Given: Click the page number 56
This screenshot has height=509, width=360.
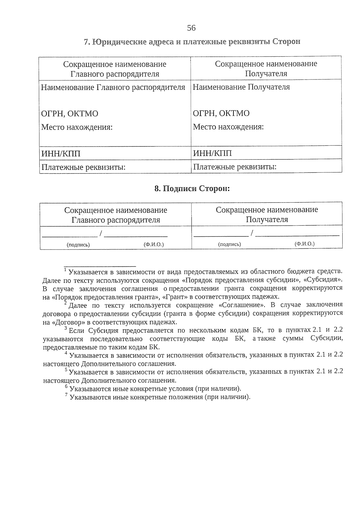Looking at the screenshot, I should [x=191, y=28].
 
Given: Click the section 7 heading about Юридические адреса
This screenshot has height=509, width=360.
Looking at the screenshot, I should [x=192, y=42].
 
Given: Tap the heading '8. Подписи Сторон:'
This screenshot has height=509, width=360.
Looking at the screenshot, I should [x=192, y=189].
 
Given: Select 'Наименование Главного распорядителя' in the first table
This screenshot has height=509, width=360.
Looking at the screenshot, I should [x=113, y=87].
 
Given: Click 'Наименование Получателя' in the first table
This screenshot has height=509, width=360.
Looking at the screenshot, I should [x=241, y=87].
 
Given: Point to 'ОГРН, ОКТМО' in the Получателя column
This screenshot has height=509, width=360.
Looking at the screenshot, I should [x=221, y=113].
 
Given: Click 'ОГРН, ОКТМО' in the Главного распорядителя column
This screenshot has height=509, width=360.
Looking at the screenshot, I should [x=70, y=113].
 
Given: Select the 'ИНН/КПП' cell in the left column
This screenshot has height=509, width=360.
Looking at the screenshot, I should [x=61, y=154].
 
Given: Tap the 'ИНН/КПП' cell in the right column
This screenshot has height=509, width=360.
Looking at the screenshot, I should [x=212, y=153].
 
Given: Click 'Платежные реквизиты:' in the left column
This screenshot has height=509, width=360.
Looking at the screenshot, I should [x=83, y=167].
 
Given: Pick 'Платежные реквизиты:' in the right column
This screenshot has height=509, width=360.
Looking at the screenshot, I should [x=235, y=166].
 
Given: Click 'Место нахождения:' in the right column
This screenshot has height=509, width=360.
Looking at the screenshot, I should [x=228, y=127].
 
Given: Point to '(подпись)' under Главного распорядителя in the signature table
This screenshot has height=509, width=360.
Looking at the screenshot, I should [x=78, y=245].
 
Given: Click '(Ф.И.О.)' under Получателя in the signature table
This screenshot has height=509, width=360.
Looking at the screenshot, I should [x=304, y=244].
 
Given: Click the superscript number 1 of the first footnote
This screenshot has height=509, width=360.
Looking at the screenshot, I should [x=65, y=270].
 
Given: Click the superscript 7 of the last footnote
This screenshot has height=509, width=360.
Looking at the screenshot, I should [x=66, y=395].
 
